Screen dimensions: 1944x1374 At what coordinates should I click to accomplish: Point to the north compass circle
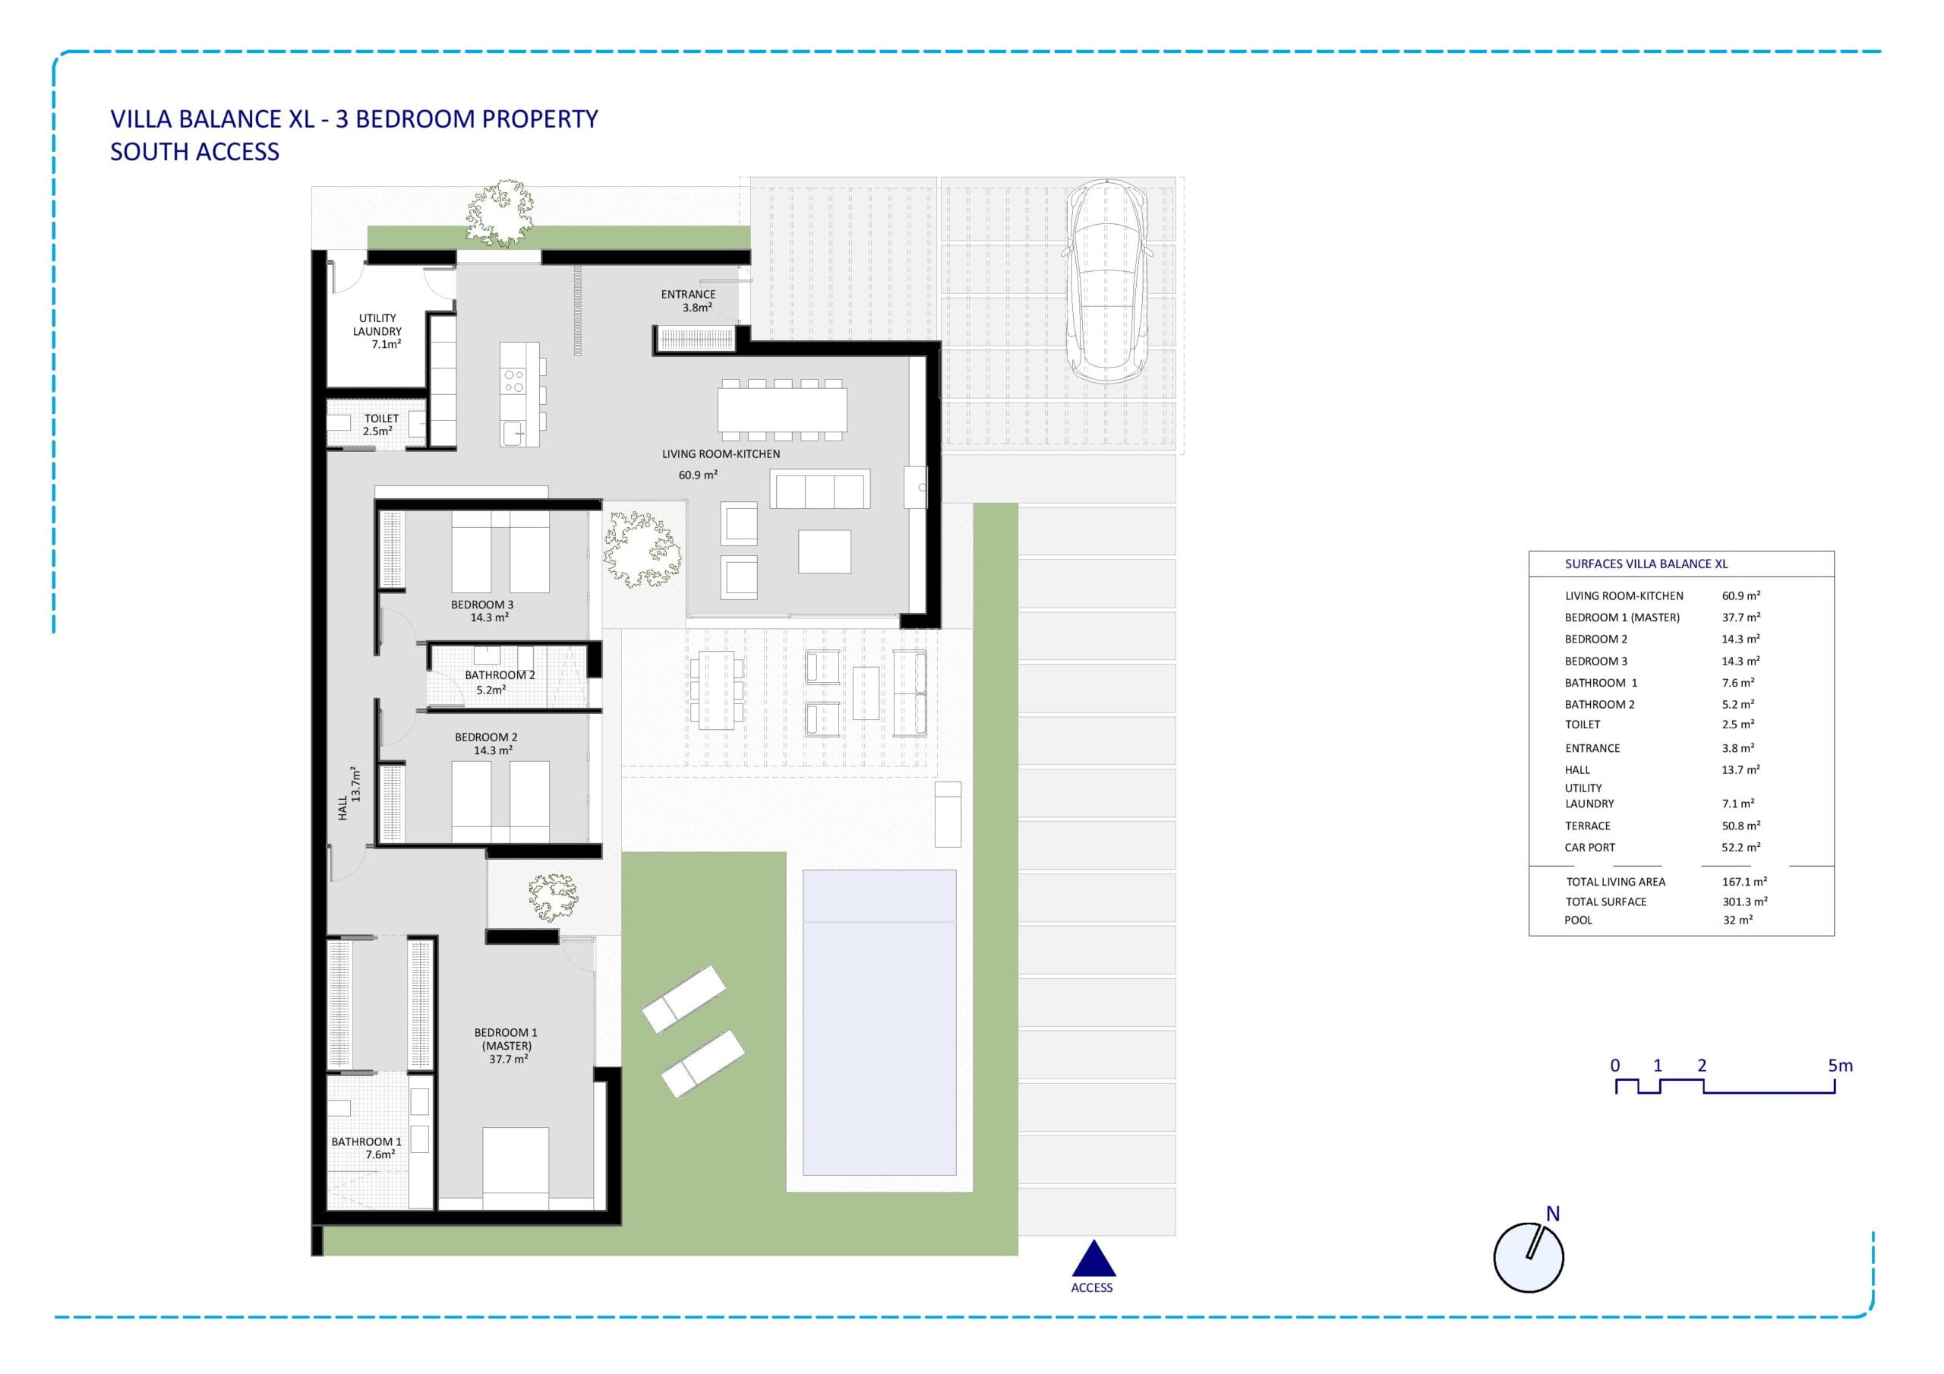[x=1529, y=1257]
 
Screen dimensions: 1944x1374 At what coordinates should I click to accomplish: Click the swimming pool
[x=879, y=1022]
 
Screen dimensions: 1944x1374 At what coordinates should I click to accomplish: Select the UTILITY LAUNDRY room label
[x=377, y=331]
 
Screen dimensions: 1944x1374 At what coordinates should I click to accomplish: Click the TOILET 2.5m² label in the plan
[x=380, y=425]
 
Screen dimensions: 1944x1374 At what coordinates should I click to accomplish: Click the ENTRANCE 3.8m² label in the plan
[x=688, y=301]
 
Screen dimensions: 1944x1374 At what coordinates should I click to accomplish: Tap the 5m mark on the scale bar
[x=1840, y=1066]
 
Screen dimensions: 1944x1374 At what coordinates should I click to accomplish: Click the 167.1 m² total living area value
[x=1744, y=882]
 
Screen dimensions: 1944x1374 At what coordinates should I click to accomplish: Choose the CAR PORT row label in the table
[x=1589, y=847]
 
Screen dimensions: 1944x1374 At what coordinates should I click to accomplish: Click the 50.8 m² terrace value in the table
[x=1740, y=825]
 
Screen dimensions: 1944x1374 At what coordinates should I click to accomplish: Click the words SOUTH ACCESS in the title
[x=194, y=152]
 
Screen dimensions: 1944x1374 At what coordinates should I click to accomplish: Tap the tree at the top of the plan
[x=501, y=213]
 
